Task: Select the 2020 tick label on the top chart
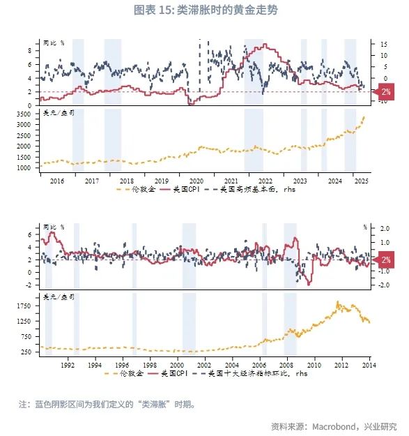(x=196, y=179)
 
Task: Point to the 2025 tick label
(x=360, y=179)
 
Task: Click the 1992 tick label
(x=68, y=364)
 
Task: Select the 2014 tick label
(x=369, y=364)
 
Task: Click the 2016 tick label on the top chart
(x=57, y=179)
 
